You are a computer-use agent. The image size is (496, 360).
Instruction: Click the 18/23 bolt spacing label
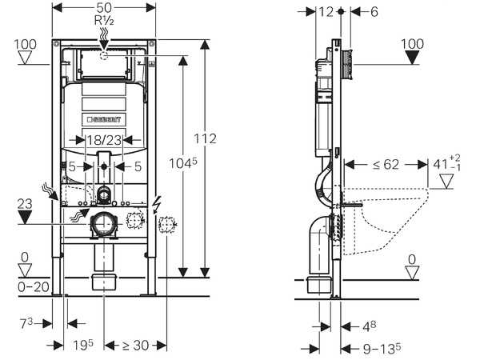105,140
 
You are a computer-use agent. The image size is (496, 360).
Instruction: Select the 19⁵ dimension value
83,345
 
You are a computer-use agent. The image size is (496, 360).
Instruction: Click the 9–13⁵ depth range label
380,348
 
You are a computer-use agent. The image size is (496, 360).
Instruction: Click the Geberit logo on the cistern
103,119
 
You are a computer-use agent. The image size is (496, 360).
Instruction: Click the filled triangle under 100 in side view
412,58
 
